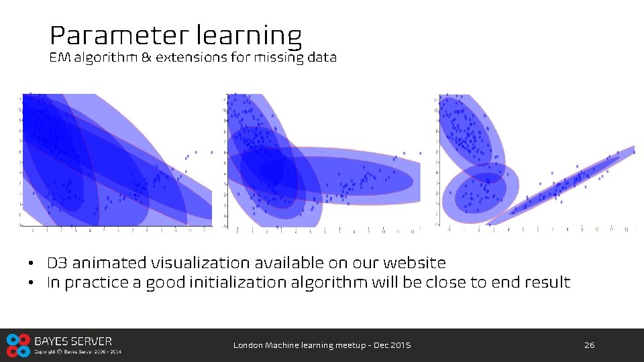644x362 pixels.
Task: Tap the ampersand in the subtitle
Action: click(146, 58)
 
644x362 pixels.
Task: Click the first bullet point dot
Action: click(32, 263)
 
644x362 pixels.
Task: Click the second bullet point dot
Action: click(32, 283)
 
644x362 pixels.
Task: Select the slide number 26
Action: click(589, 345)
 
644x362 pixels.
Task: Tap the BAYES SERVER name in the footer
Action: click(73, 341)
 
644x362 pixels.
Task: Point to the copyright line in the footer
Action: click(78, 352)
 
